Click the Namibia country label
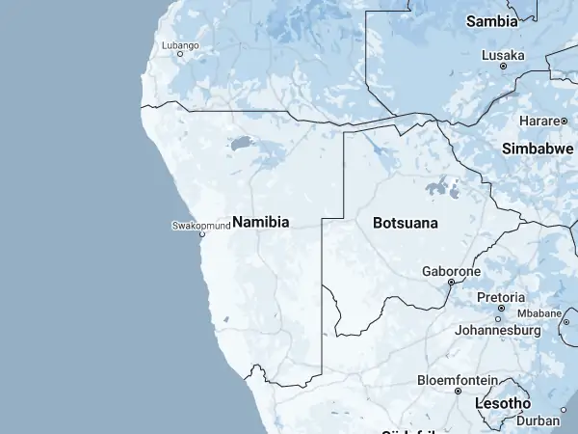[260, 222]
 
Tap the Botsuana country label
[405, 223]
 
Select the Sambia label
[492, 20]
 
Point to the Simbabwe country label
[538, 149]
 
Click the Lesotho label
[503, 403]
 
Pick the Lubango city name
[179, 45]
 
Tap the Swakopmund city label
[200, 226]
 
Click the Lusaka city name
[503, 55]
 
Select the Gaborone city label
[451, 271]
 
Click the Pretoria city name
[501, 297]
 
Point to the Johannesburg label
[497, 330]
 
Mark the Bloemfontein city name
[457, 380]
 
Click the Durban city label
[538, 420]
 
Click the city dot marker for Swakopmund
[201, 234]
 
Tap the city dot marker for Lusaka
[503, 67]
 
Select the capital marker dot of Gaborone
[451, 283]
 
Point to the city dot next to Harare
[562, 121]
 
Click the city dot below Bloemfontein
[457, 392]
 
